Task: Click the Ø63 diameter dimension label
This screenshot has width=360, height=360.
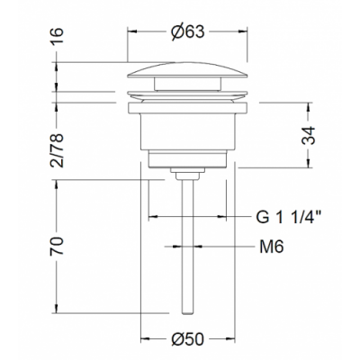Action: point(188,31)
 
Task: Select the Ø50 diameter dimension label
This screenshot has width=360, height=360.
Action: point(187,339)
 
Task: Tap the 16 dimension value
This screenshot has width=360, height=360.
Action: point(57,35)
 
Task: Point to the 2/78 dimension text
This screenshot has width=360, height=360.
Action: point(57,150)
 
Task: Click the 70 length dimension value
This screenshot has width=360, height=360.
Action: point(57,246)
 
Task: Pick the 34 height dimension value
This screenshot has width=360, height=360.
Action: point(308,136)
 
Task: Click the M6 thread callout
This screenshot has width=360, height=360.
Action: point(272,247)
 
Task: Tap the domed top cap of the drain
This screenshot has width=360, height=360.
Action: point(187,70)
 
